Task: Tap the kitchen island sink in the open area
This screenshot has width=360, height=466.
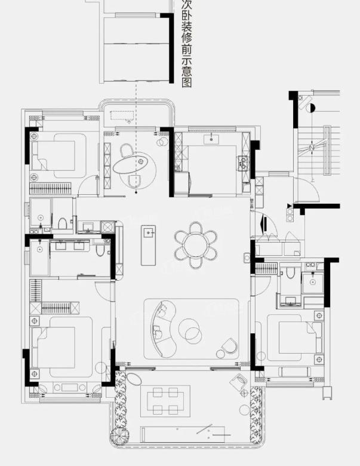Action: pyautogui.click(x=149, y=232)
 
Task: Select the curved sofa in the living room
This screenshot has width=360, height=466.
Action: pyautogui.click(x=163, y=329)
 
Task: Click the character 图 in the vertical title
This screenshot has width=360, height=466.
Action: pyautogui.click(x=186, y=82)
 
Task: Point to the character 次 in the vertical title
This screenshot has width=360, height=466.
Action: pyautogui.click(x=186, y=4)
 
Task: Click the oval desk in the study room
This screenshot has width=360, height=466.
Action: pyautogui.click(x=130, y=164)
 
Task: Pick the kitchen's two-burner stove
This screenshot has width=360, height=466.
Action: pyautogui.click(x=243, y=164)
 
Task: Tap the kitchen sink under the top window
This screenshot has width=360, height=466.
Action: pyautogui.click(x=211, y=139)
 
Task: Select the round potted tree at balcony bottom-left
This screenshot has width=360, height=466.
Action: pyautogui.click(x=120, y=437)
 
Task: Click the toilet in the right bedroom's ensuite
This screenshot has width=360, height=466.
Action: pyautogui.click(x=291, y=273)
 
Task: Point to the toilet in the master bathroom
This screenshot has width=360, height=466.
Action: pyautogui.click(x=101, y=250)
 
